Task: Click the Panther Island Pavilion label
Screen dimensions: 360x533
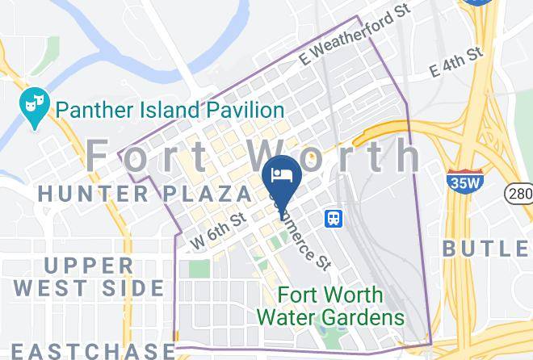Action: click(168, 109)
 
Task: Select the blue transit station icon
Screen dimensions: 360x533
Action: click(332, 219)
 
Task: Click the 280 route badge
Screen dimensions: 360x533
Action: click(518, 193)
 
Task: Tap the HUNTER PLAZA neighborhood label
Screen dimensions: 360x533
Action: click(145, 194)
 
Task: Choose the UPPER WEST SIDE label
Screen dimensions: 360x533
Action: click(89, 276)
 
